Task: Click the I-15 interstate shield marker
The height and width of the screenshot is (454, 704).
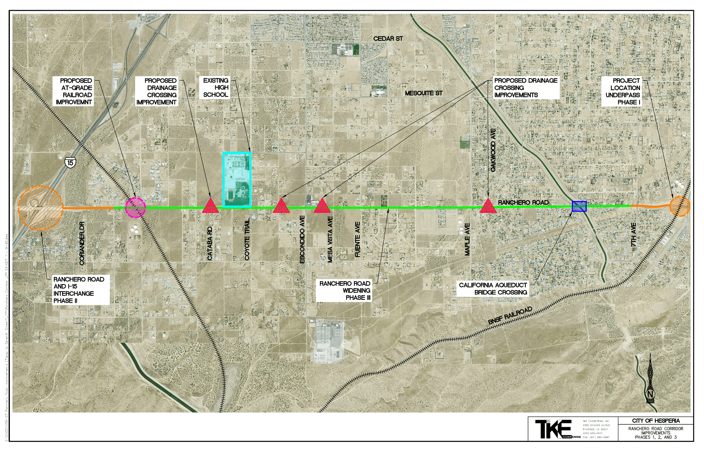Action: [70, 162]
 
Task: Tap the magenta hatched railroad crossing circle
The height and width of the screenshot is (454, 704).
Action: [135, 208]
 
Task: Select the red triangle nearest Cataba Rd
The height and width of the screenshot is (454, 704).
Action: [210, 206]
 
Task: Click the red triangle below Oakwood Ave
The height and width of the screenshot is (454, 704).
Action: [488, 206]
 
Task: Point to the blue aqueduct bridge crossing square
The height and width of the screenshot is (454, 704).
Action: [579, 206]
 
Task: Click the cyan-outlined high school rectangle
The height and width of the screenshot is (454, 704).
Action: [237, 179]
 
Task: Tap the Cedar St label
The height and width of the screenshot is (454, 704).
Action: [388, 39]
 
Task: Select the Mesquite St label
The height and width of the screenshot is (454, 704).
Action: [423, 93]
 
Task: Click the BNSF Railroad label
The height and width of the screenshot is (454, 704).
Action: [510, 316]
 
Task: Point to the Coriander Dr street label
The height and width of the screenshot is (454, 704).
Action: [82, 243]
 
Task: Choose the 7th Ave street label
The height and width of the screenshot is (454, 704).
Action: [633, 235]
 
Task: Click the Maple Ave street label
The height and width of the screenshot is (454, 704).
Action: [467, 239]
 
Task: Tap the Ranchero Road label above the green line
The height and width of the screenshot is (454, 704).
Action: [523, 203]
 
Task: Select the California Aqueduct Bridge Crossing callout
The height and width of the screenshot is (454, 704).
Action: [493, 289]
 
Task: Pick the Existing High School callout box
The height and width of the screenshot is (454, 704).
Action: [215, 87]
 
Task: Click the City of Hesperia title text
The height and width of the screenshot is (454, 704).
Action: [656, 421]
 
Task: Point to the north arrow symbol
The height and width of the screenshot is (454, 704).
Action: [650, 380]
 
